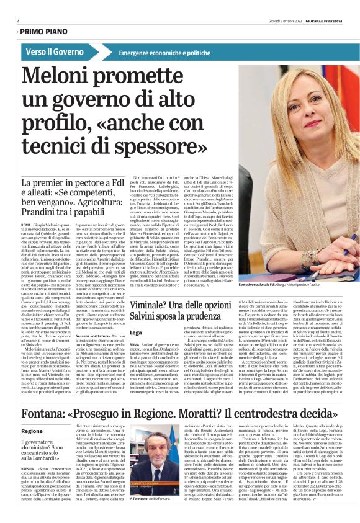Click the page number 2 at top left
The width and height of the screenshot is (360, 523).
click(x=18, y=20)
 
